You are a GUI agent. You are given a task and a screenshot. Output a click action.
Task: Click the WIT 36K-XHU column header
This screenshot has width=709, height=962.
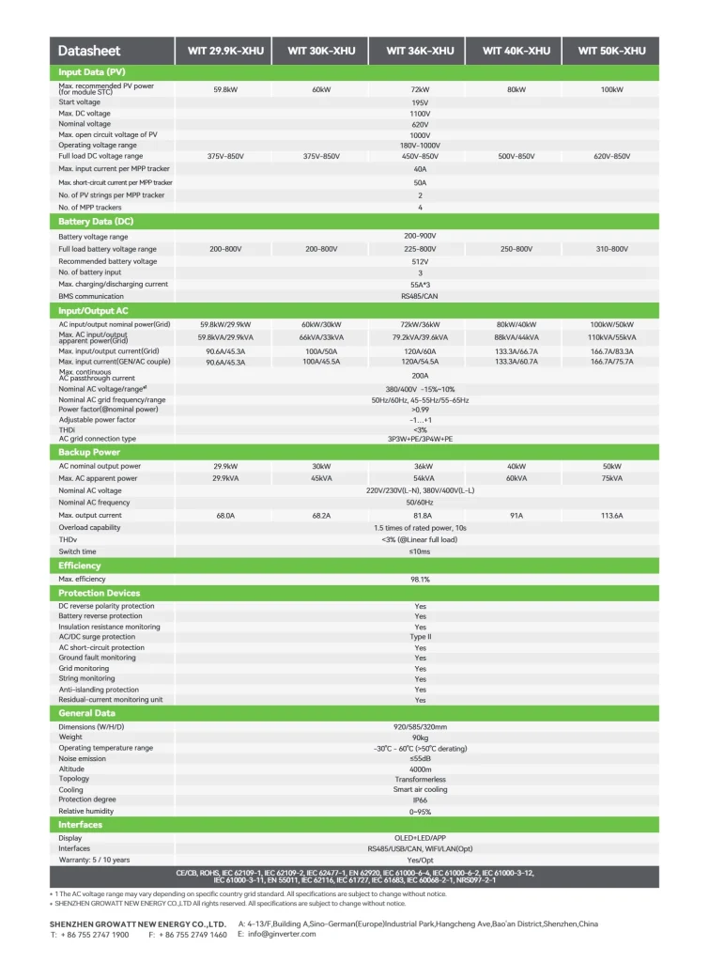(420, 51)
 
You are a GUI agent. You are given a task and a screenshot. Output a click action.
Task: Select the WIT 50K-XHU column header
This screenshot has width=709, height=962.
(611, 51)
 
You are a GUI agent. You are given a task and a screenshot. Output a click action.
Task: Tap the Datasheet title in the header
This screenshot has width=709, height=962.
(89, 51)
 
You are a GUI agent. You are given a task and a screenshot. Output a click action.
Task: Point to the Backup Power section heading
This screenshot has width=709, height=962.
(89, 452)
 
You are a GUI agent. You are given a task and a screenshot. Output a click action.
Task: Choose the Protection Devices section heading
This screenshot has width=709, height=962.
(99, 593)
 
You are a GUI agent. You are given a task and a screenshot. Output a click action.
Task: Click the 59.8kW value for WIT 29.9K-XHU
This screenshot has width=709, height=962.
(224, 89)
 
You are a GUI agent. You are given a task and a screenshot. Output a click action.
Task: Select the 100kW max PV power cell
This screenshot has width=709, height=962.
(611, 89)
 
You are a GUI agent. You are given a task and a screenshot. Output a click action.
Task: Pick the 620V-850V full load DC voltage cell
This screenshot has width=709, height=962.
(611, 156)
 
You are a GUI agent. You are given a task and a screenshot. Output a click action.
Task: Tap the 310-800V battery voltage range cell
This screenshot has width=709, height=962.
(611, 249)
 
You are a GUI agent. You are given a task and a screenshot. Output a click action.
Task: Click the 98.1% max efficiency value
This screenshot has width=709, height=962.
(420, 580)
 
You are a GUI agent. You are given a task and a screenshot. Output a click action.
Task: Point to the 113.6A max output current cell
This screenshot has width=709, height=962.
(611, 516)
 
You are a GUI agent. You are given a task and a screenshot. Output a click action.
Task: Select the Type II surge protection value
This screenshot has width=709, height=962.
(420, 637)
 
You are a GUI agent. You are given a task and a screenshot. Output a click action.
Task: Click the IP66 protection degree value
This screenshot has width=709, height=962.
(420, 800)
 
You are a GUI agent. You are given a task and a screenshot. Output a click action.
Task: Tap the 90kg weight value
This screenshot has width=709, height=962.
(420, 737)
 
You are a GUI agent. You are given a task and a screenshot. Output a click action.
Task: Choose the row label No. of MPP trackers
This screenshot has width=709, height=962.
(90, 207)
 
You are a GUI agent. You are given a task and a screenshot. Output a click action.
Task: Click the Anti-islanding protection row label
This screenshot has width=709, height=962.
(99, 690)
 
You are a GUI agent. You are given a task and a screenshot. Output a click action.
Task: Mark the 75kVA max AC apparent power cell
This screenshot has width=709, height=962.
(611, 478)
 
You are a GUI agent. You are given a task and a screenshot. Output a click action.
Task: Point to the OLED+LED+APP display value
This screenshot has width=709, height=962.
(420, 838)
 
